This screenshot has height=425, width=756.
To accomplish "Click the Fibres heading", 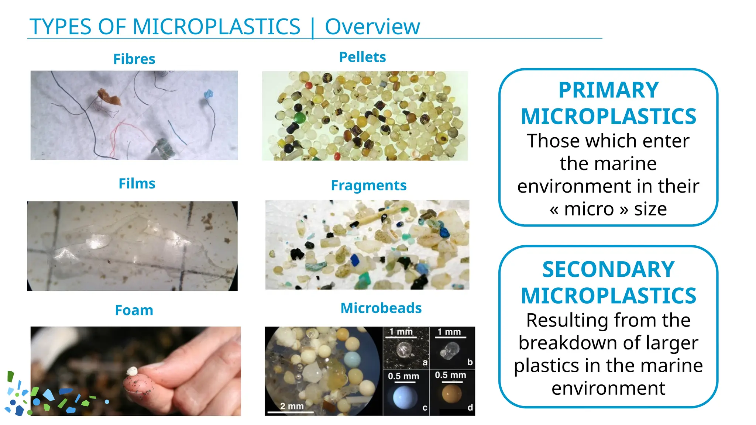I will (134, 59).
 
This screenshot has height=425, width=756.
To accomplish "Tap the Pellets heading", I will (362, 57).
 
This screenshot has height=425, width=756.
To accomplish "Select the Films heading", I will (137, 183).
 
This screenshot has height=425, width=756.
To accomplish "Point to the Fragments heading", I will (368, 185).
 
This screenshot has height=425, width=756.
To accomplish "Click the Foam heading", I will (134, 310).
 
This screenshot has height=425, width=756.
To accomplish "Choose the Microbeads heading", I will (381, 308).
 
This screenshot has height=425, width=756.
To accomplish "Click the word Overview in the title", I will (372, 27).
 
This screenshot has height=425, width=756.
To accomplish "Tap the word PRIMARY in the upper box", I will (608, 90).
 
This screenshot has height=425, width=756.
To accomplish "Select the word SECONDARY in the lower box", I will (608, 269).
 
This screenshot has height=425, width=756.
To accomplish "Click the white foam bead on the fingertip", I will (132, 371).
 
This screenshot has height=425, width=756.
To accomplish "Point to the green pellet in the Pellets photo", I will (299, 118).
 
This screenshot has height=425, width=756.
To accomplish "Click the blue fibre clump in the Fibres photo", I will (209, 94).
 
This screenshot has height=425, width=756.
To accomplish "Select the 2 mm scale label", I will (292, 406).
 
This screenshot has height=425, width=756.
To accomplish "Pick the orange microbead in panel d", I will (452, 394).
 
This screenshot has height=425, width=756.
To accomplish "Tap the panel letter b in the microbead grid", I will (470, 362).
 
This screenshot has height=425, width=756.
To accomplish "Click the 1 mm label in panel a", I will (401, 332).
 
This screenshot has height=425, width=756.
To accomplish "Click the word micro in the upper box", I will (589, 209).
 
